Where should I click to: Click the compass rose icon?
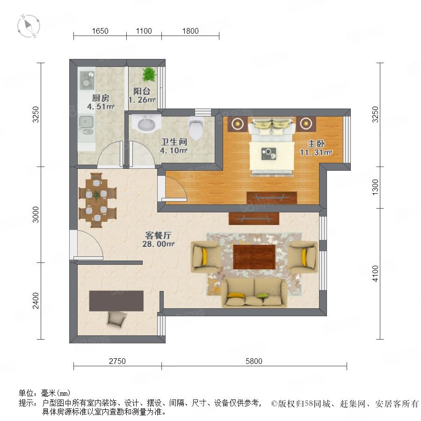pyautogui.click(x=29, y=26)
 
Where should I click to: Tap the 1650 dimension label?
pyautogui.click(x=100, y=31)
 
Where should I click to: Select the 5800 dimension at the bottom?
pyautogui.click(x=254, y=361)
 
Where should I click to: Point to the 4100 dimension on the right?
pyautogui.click(x=375, y=274)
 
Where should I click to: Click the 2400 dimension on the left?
pyautogui.click(x=36, y=301)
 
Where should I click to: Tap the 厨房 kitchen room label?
pyautogui.click(x=101, y=98)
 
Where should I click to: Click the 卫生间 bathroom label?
pyautogui.click(x=174, y=142)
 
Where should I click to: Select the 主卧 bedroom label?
pyautogui.click(x=316, y=144)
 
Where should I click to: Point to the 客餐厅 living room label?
pyautogui.click(x=159, y=235)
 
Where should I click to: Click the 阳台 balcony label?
pyautogui.click(x=142, y=91)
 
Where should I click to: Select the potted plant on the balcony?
pyautogui.click(x=149, y=74)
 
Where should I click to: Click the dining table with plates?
pyautogui.click(x=97, y=200)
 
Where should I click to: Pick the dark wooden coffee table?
pyautogui.click(x=254, y=257)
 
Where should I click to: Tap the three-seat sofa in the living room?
pyautogui.click(x=254, y=293)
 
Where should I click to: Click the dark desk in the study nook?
pyautogui.click(x=116, y=301)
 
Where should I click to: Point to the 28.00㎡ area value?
pyautogui.click(x=159, y=244)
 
